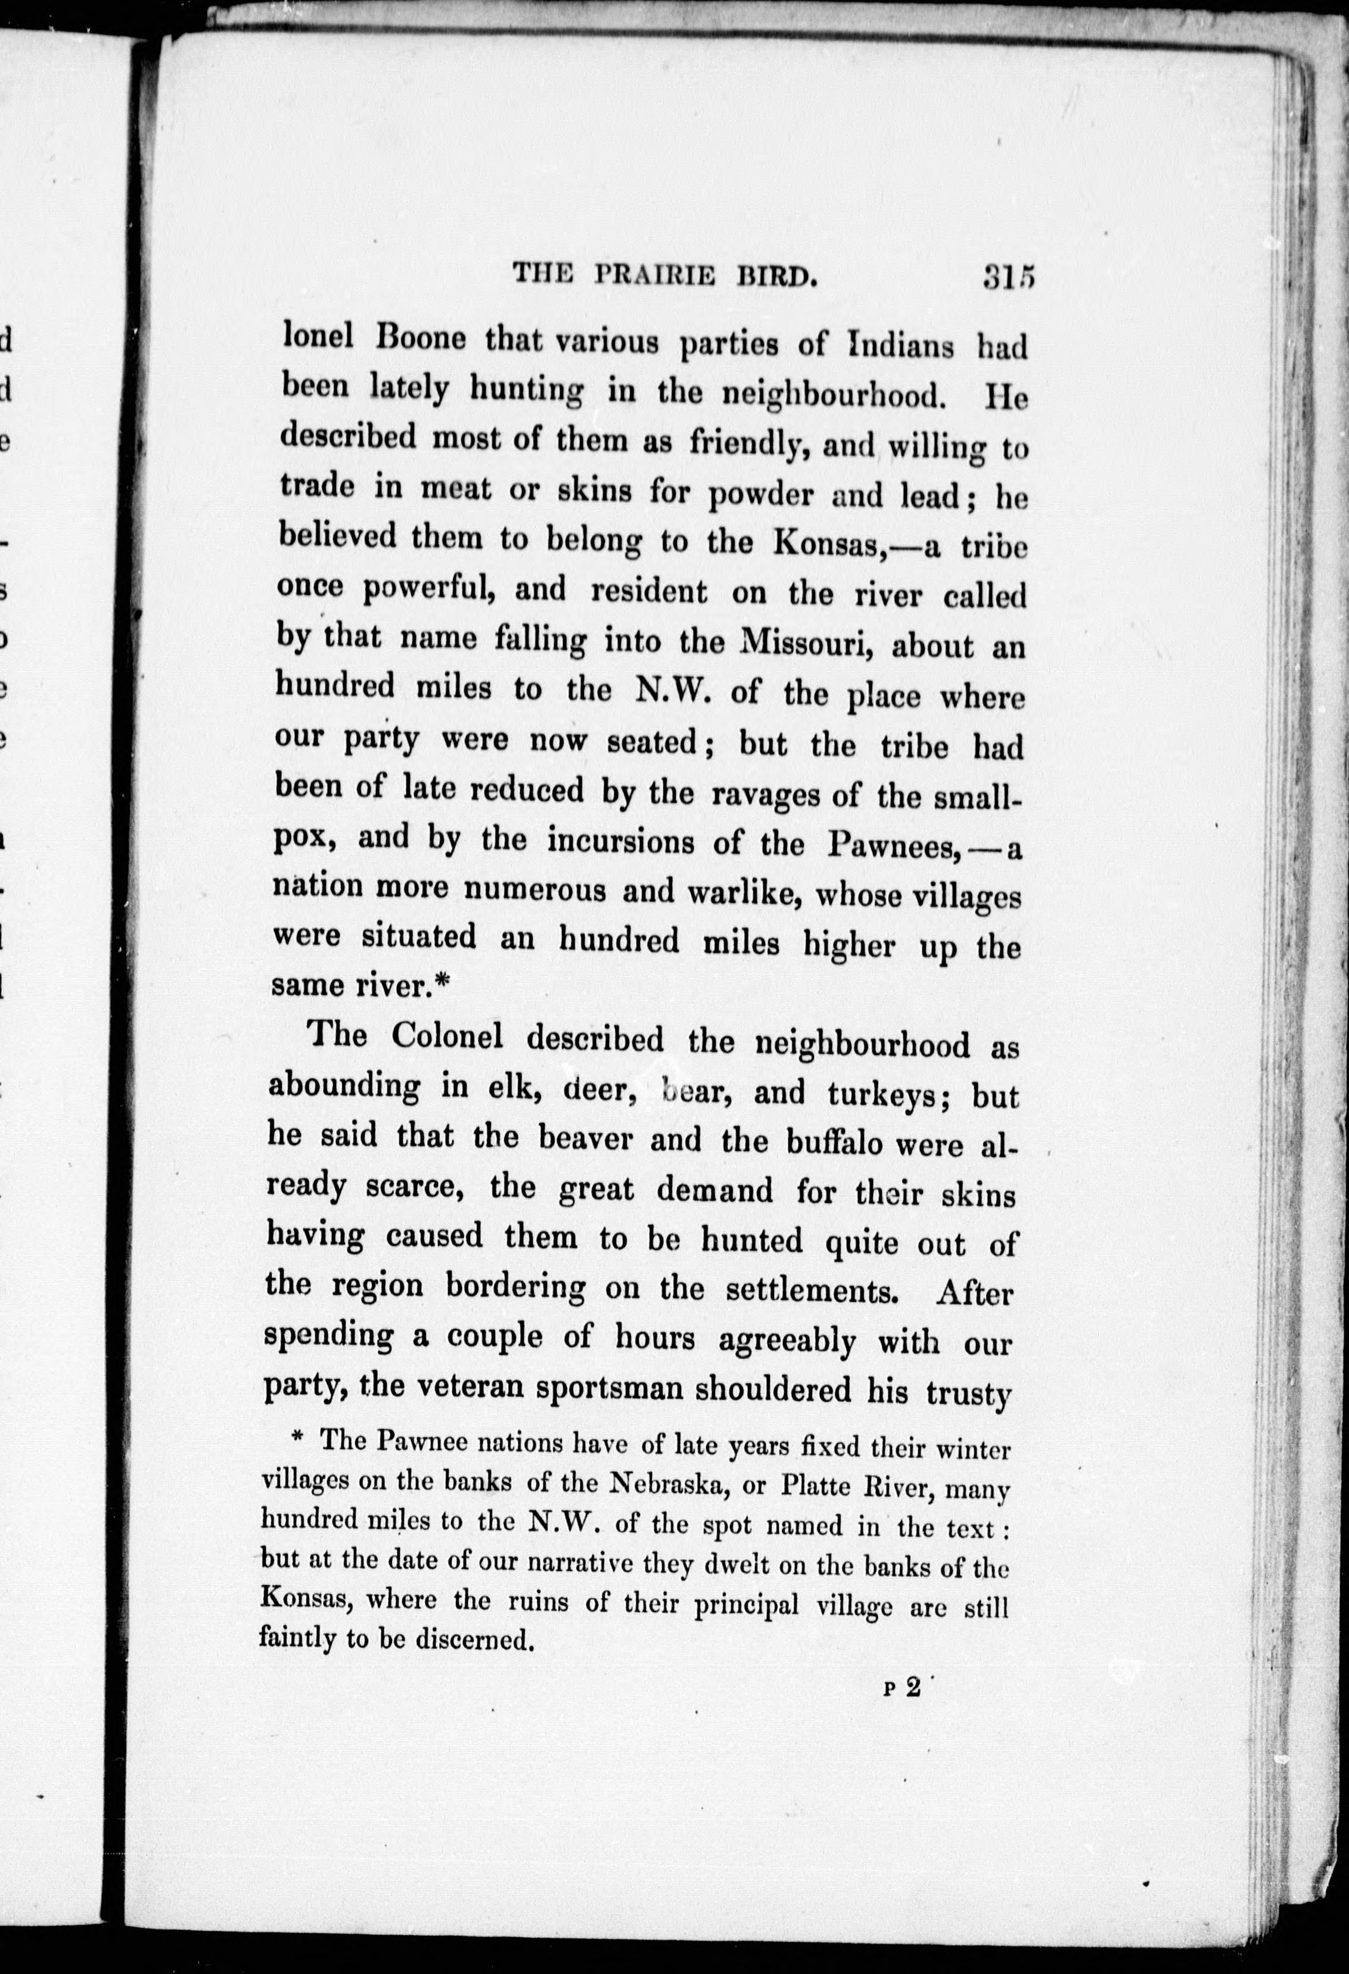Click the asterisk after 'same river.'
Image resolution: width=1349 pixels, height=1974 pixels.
click(x=440, y=983)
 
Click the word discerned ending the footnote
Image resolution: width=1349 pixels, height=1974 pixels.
click(x=475, y=1637)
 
